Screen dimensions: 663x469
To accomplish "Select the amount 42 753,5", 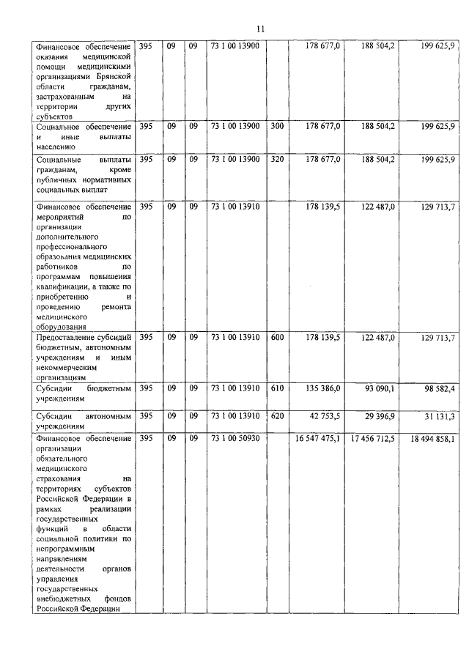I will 325,416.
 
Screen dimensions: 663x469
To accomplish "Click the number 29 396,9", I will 379,416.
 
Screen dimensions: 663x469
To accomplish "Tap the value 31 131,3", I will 437,416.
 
